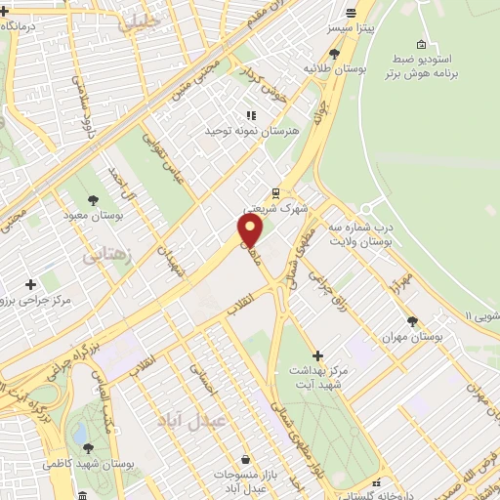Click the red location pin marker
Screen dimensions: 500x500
pos(251,231)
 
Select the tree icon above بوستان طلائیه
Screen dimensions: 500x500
pos(336,54)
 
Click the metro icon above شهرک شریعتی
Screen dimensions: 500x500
pos(276,192)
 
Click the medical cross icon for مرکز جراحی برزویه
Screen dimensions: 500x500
pos(31,284)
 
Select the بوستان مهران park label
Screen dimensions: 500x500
pos(413,335)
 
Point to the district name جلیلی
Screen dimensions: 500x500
pos(139,23)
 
